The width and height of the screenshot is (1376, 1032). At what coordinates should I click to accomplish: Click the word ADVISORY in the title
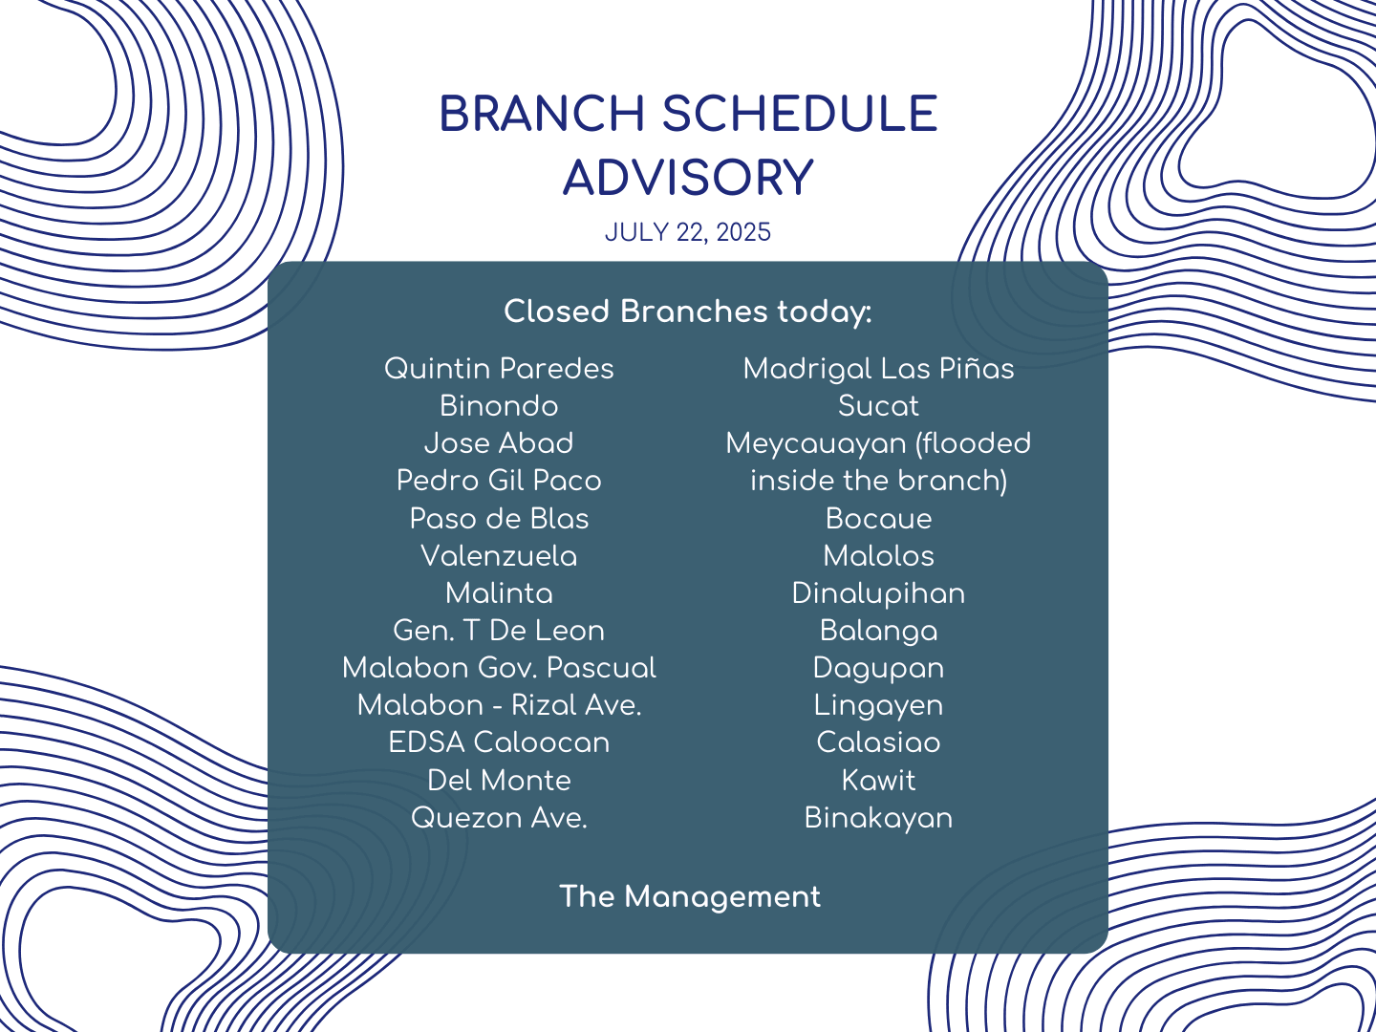[x=688, y=178]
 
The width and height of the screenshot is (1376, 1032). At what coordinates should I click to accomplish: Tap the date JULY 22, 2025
[x=688, y=232]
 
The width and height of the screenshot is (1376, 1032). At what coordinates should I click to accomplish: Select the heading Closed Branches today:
[x=688, y=312]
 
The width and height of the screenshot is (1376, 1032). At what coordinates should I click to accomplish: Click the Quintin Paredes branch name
[x=499, y=369]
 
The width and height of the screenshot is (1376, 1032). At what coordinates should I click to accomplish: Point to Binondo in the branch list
[x=499, y=406]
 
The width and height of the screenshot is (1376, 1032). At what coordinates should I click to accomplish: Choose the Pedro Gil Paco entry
[x=499, y=481]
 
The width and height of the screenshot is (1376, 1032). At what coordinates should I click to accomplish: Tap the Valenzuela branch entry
[x=499, y=556]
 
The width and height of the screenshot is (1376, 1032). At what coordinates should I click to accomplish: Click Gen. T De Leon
[x=499, y=631]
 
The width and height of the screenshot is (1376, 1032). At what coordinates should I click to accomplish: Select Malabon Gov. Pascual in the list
[x=499, y=668]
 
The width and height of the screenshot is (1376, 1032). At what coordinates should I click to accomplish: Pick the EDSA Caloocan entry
[x=499, y=742]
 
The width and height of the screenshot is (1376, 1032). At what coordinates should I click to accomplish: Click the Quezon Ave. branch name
[x=499, y=818]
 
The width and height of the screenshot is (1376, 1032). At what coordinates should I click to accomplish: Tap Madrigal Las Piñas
[x=878, y=369]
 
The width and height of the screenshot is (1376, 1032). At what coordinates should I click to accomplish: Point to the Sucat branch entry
[x=878, y=406]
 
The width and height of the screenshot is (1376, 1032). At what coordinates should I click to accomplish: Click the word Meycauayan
[x=816, y=444]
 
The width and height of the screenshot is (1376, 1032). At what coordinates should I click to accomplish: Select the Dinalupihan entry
[x=878, y=593]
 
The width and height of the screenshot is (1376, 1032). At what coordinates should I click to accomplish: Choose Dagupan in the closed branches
[x=878, y=669]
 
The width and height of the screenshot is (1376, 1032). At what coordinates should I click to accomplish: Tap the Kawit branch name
[x=878, y=781]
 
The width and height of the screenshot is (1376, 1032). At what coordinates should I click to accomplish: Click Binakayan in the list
[x=878, y=818]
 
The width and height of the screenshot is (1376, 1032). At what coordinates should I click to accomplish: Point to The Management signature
[x=690, y=896]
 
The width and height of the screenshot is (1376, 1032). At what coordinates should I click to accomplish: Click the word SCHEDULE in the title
[x=799, y=114]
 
